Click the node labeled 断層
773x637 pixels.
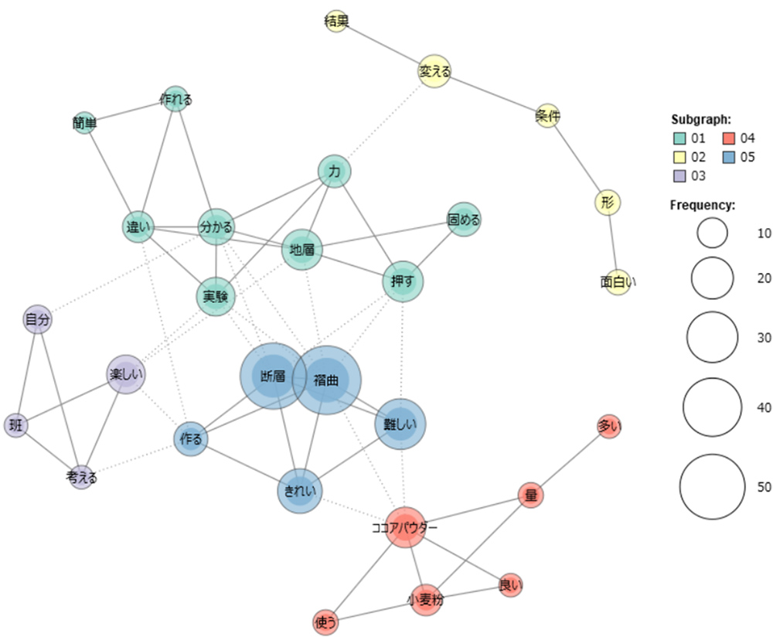[x=272, y=376]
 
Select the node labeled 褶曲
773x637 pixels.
[x=327, y=380]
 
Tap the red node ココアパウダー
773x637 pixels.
[x=404, y=528]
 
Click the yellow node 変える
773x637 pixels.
[x=434, y=71]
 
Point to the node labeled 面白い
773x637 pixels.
[x=617, y=281]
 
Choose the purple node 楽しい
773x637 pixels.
[x=125, y=375]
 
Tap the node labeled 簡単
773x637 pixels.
[x=84, y=122]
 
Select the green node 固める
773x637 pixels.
[x=464, y=220]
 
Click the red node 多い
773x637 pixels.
[x=609, y=426]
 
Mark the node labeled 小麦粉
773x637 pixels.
[x=425, y=598]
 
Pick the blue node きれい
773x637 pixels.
[x=299, y=491]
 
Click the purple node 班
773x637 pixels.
[x=16, y=424]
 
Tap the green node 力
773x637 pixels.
[x=335, y=172]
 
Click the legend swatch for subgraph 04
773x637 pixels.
[x=729, y=138]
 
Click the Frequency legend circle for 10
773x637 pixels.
[x=712, y=232]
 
